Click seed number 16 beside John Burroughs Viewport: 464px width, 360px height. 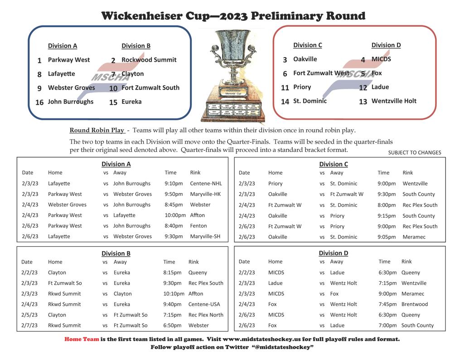pos(39,102)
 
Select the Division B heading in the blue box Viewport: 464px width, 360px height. pos(136,46)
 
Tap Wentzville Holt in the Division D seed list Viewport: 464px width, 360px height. pos(394,101)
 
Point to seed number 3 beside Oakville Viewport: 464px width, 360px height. pos(285,60)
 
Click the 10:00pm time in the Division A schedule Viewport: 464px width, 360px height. pos(175,215)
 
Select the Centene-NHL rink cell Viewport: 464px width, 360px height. pos(206,184)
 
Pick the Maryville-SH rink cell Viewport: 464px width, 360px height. pos(205,236)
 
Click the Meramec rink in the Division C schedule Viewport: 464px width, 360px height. pos(414,237)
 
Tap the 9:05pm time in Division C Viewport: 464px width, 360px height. pos(387,237)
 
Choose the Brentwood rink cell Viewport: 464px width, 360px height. pos(415,304)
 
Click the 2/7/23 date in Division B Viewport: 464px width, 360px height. pos(29,326)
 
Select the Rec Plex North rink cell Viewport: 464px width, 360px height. pos(206,315)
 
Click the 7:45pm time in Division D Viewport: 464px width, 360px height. pos(388,304)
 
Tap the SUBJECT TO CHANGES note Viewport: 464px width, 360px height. pos(415,152)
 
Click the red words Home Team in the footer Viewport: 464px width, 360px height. pos(82,339)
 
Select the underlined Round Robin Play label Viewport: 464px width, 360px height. pos(97,130)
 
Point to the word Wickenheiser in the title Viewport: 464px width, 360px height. pos(142,16)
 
